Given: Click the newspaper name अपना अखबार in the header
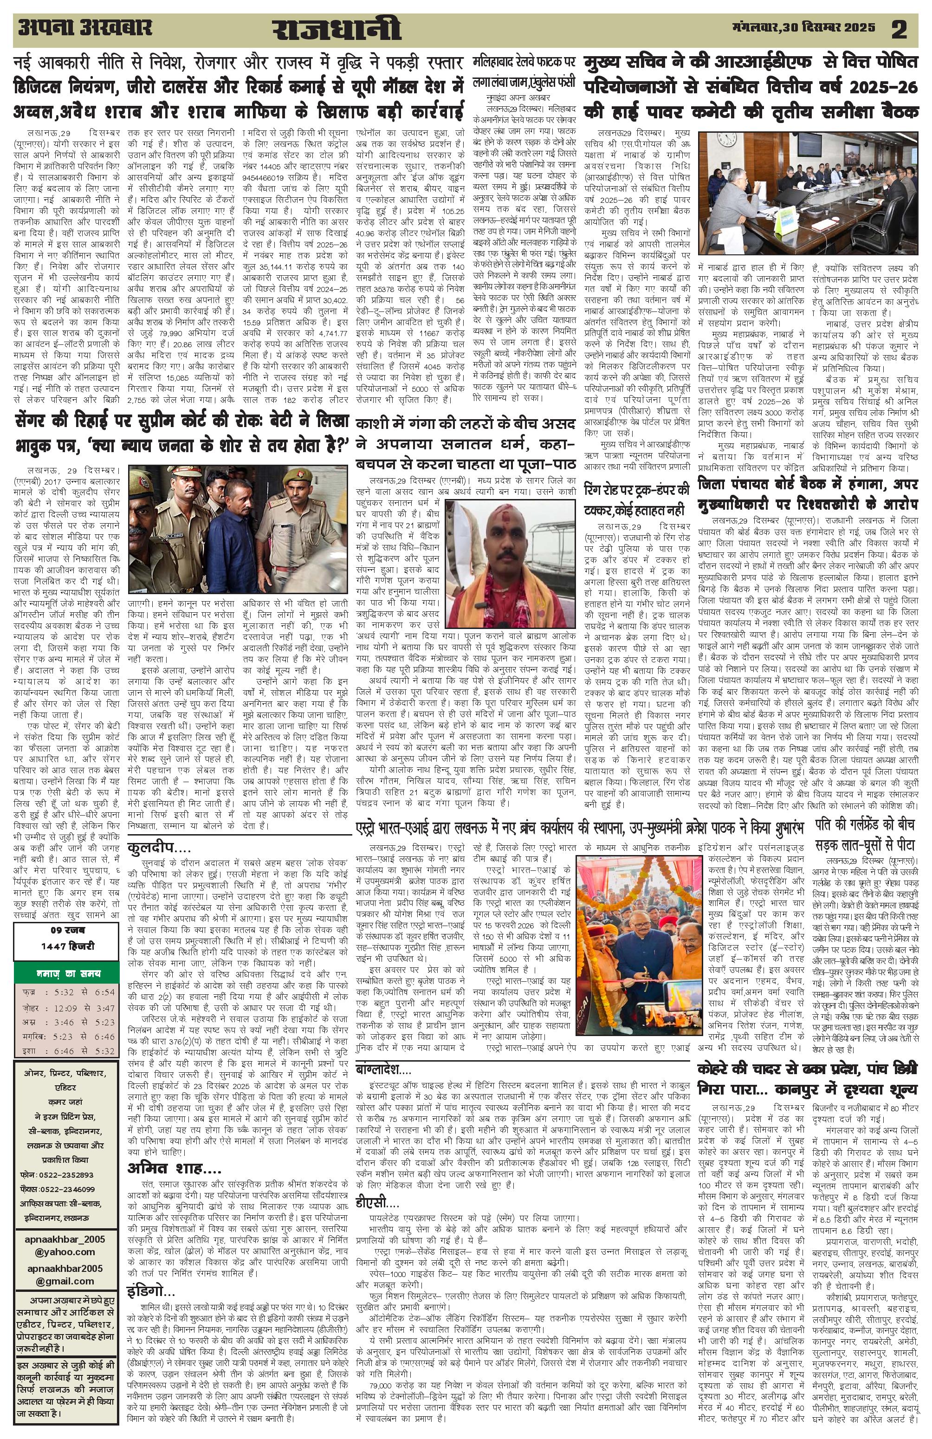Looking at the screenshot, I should click(x=84, y=28).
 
